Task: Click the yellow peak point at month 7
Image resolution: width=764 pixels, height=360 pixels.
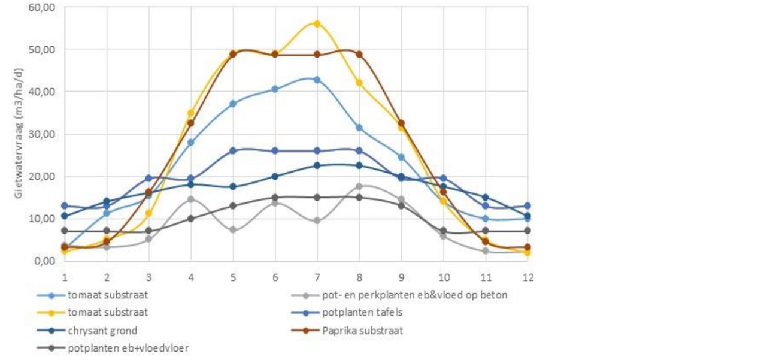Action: click(317, 23)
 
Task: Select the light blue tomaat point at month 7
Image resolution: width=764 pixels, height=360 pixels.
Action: click(317, 80)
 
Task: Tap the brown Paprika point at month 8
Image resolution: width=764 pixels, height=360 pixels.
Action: click(359, 54)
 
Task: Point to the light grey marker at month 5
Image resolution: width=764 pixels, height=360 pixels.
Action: click(233, 230)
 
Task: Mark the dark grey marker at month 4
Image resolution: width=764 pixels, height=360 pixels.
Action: click(191, 219)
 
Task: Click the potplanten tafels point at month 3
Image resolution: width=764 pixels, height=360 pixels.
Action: click(149, 178)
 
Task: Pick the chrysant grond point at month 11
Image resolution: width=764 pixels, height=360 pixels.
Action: click(485, 198)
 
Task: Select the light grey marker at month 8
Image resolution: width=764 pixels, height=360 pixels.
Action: click(359, 186)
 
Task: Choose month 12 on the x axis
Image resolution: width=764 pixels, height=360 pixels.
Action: click(527, 277)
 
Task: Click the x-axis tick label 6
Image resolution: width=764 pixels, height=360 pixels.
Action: click(275, 277)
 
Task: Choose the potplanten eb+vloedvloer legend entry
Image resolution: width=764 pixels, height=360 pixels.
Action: click(129, 348)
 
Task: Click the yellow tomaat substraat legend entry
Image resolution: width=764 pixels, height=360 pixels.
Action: click(107, 313)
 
